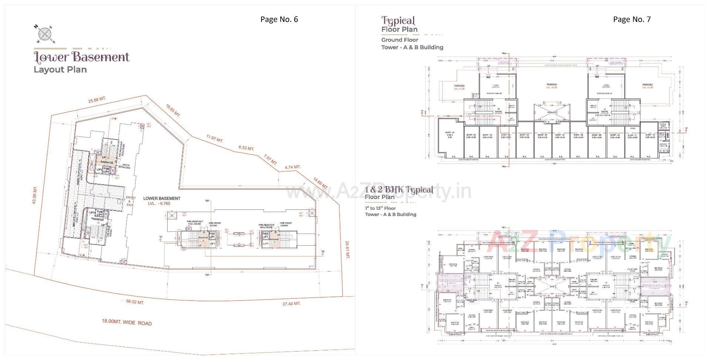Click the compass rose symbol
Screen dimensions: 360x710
[x=45, y=34]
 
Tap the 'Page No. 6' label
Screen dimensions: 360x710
[x=279, y=19]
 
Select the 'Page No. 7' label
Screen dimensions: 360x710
[x=632, y=19]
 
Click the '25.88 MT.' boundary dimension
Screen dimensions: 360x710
[x=97, y=100]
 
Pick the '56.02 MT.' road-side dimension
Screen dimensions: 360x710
[x=135, y=302]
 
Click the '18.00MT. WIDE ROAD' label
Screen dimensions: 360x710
[x=127, y=322]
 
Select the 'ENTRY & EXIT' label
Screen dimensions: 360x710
[x=131, y=201]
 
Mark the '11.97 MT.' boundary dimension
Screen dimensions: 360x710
[x=215, y=139]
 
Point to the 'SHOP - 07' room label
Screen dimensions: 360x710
[x=560, y=135]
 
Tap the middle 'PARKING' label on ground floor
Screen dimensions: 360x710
[x=551, y=84]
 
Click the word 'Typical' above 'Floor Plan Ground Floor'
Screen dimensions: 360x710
[x=398, y=20]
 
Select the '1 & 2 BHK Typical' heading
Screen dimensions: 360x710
[x=399, y=190]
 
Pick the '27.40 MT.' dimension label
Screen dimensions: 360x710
[x=291, y=303]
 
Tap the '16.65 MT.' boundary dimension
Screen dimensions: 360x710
[x=173, y=111]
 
